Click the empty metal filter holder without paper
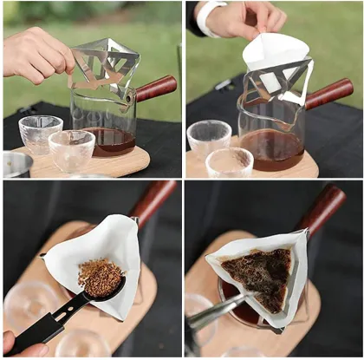pos(103,65)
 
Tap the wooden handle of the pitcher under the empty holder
pos(155,87)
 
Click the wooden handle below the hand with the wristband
pos(329,92)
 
